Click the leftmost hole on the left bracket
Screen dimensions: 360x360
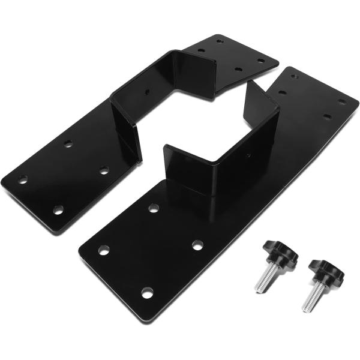point(22,179)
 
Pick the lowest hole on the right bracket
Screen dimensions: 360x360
point(147,293)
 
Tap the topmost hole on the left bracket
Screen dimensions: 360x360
point(220,43)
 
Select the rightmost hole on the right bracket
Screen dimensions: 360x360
point(341,102)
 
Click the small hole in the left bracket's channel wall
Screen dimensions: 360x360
point(148,92)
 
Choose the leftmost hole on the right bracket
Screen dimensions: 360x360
point(104,250)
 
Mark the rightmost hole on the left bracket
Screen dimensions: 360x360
point(261,60)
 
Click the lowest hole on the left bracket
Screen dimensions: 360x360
point(58,209)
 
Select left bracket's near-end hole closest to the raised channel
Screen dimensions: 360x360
point(104,170)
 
